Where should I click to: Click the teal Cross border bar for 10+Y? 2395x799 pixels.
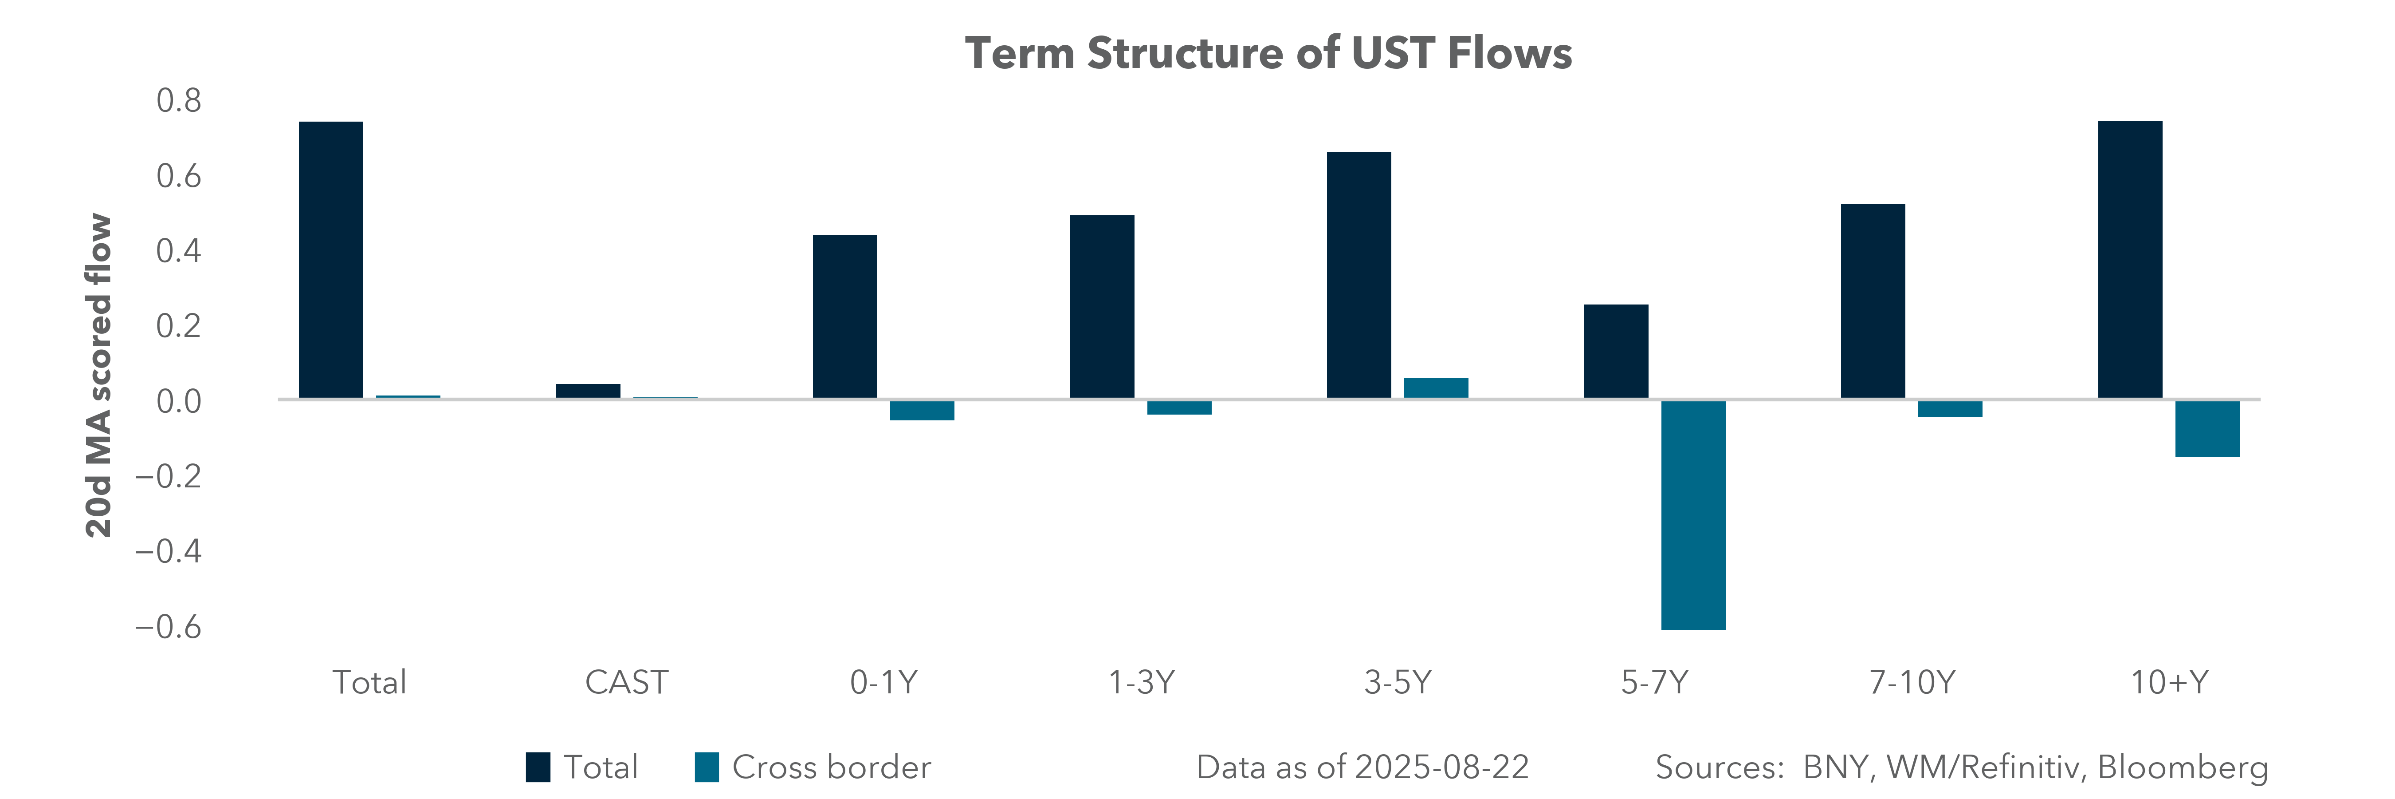click(x=2207, y=429)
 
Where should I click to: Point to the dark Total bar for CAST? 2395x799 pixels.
click(x=588, y=391)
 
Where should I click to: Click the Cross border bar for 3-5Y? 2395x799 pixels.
click(x=1436, y=388)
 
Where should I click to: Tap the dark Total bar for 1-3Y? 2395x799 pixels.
click(x=1102, y=307)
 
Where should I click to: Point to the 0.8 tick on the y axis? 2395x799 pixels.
click(x=178, y=100)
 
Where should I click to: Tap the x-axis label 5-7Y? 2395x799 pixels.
click(x=1654, y=683)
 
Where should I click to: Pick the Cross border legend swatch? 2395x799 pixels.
click(x=707, y=767)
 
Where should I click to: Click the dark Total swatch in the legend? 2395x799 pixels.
click(x=538, y=767)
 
